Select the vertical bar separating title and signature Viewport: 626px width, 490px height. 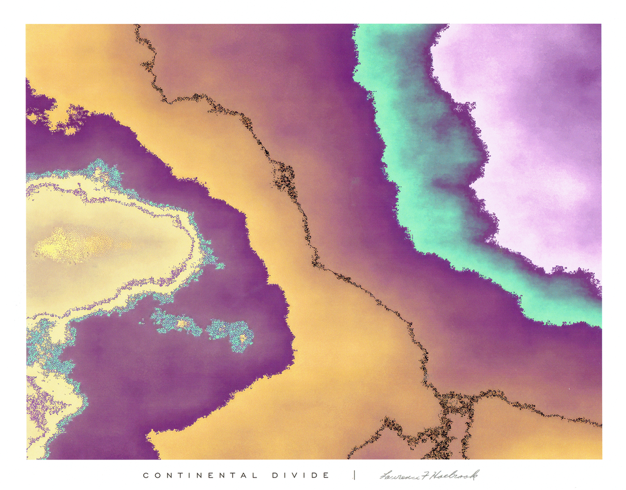355,475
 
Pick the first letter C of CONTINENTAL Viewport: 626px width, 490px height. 146,475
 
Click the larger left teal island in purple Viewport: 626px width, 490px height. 177,323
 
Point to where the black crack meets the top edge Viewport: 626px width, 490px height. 136,26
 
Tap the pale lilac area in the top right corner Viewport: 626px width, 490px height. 543,113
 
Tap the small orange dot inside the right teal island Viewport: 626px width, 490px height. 243,338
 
